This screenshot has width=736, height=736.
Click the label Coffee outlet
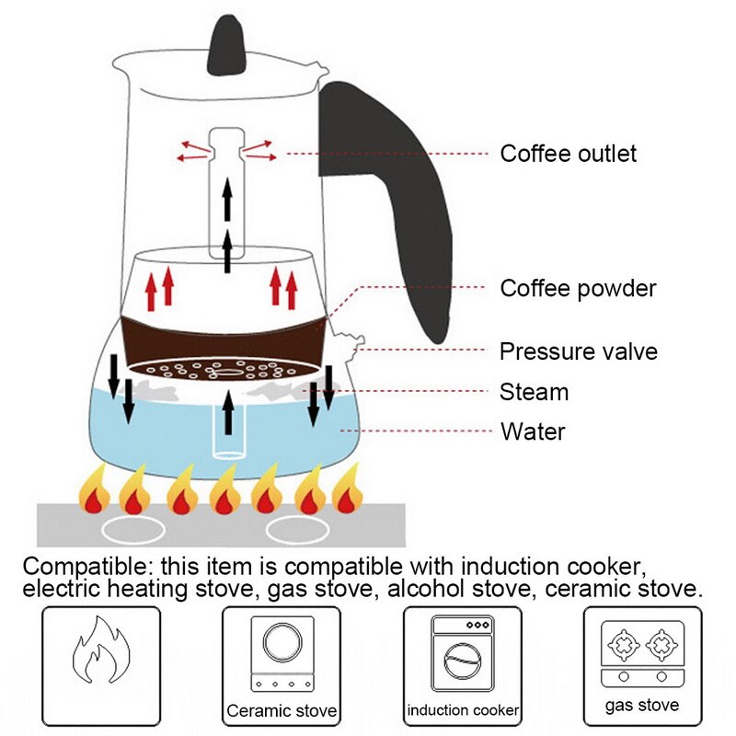(568, 153)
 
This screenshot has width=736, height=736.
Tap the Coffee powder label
(578, 288)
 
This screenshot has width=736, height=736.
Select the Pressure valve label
(578, 351)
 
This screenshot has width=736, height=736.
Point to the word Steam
(534, 392)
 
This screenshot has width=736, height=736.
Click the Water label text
(532, 431)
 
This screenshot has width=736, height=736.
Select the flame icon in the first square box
(101, 654)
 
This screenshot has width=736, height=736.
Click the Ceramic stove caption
(282, 711)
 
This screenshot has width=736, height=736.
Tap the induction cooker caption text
(463, 710)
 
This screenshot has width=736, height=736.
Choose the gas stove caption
(642, 706)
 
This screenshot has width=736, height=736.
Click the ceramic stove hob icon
(281, 651)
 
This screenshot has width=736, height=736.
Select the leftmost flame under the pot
(94, 490)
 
